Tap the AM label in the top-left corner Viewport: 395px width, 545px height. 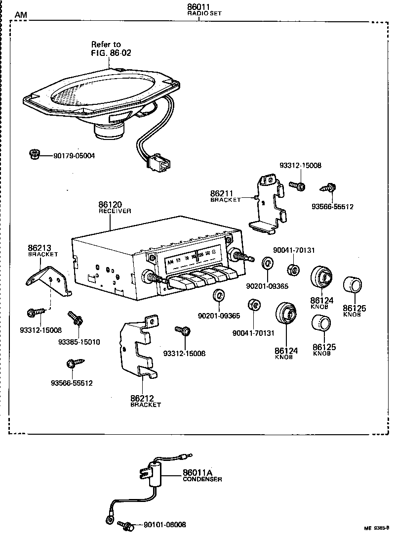21,15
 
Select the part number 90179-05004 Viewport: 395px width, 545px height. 74,156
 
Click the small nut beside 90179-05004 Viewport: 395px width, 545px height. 35,155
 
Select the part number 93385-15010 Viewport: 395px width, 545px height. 79,342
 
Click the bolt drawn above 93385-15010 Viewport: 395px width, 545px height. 75,318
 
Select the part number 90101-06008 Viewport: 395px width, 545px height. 164,525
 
